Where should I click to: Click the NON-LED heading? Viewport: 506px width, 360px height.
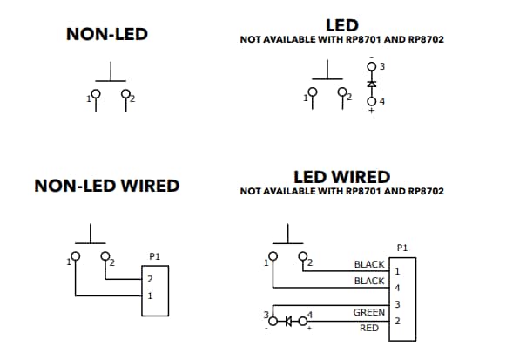(x=107, y=35)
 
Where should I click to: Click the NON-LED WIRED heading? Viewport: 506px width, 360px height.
(x=106, y=186)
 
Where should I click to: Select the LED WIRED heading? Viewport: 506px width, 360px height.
(x=341, y=177)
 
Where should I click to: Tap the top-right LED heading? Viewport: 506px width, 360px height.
(x=341, y=25)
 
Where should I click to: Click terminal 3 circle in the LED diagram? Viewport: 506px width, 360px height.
(x=372, y=66)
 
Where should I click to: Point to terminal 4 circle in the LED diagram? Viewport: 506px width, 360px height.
(x=372, y=101)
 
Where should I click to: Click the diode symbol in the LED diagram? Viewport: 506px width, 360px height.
(x=372, y=84)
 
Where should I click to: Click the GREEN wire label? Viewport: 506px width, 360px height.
(x=369, y=312)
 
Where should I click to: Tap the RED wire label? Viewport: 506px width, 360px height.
(x=369, y=329)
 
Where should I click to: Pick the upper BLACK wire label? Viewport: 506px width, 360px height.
(x=369, y=264)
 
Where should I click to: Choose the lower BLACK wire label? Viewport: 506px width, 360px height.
(x=369, y=281)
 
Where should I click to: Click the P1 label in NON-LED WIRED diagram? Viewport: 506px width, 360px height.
(x=155, y=256)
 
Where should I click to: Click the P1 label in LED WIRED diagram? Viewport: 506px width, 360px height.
(x=402, y=248)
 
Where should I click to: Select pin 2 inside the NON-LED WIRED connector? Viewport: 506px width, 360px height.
(x=150, y=280)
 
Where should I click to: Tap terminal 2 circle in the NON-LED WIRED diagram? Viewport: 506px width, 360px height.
(x=106, y=256)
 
